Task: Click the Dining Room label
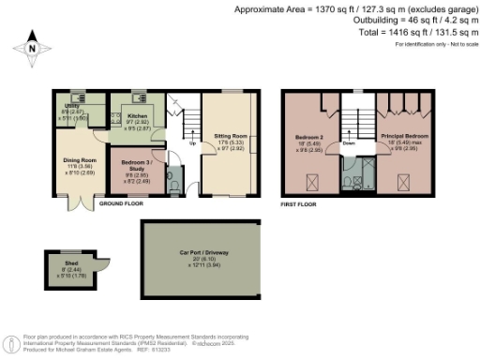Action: pyautogui.click(x=79, y=160)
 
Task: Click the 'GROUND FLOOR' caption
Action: pyautogui.click(x=121, y=202)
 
